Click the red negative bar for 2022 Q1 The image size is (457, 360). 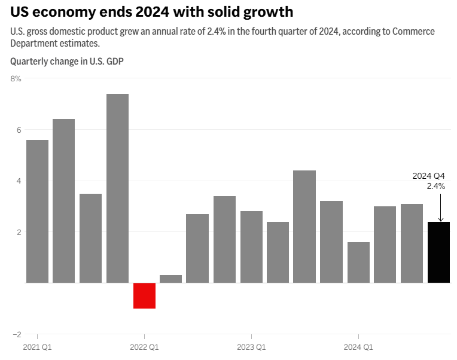(144, 295)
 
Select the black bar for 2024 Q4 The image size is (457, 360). (439, 252)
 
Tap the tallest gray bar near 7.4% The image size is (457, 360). (117, 188)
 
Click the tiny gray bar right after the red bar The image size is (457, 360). (171, 279)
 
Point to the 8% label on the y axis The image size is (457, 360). (16, 78)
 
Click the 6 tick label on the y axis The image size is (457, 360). (18, 130)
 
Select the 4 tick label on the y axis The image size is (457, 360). (18, 181)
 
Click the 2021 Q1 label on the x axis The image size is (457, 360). (37, 347)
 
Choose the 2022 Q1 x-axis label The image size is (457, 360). (144, 347)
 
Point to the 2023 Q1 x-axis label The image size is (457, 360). (251, 347)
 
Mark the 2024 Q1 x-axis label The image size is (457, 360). (358, 347)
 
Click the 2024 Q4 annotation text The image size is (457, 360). (429, 176)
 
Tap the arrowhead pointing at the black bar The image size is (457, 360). (440, 219)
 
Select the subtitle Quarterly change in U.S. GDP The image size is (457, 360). (67, 61)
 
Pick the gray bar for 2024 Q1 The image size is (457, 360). (358, 263)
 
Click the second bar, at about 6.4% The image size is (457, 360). (64, 201)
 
